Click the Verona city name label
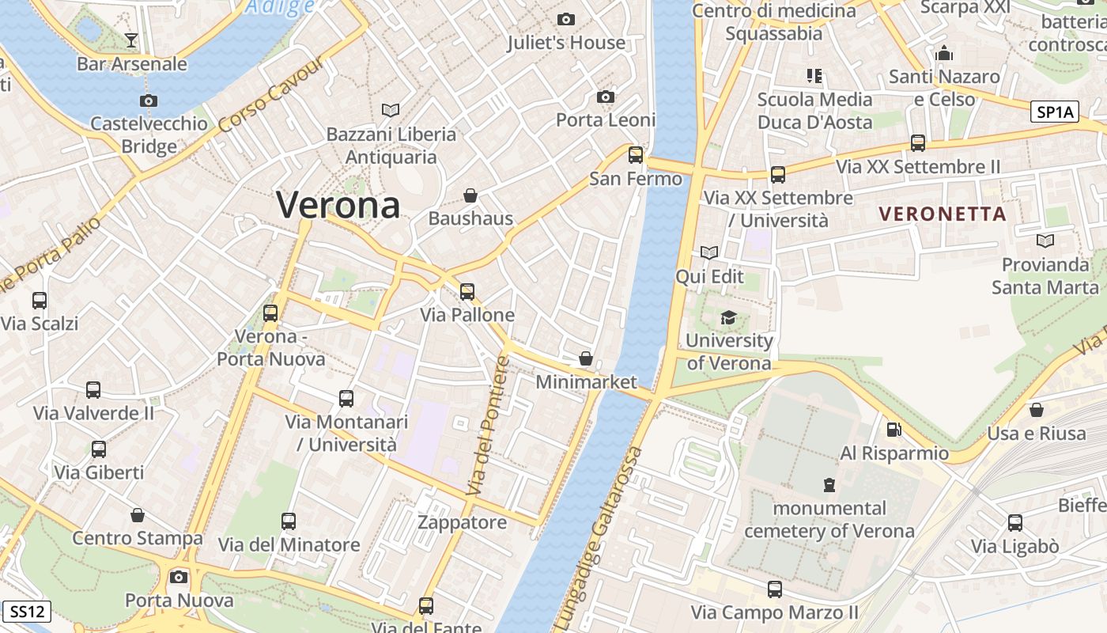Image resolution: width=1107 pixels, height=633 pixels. (338, 205)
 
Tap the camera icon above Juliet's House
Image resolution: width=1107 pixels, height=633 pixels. (566, 19)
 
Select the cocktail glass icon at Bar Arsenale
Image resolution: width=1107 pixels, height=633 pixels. (131, 40)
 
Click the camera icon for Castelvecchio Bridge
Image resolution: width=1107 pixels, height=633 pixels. (148, 100)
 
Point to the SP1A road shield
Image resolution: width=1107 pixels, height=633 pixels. (1055, 112)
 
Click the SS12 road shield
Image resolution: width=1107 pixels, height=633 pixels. (27, 611)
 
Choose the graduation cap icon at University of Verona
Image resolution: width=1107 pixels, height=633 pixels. (728, 318)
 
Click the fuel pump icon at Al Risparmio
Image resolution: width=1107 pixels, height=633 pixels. (894, 430)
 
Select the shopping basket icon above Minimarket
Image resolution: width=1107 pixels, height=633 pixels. (586, 358)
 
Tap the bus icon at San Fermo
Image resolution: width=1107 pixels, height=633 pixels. (636, 155)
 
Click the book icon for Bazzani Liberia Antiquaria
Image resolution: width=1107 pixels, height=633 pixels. (391, 110)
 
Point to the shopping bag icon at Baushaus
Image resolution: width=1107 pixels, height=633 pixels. (470, 195)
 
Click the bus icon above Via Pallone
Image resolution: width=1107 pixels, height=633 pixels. (467, 291)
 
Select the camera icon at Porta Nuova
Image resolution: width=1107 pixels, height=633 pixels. (179, 577)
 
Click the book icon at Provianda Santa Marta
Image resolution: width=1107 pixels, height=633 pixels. (1045, 241)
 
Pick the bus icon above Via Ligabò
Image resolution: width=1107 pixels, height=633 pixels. (1015, 522)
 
